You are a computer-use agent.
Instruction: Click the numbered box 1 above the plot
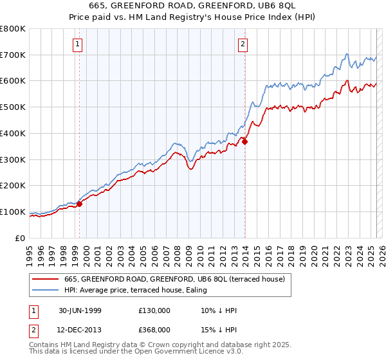(x=77, y=44)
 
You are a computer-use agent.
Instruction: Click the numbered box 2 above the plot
(x=243, y=44)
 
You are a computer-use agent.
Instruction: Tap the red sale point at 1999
(x=80, y=204)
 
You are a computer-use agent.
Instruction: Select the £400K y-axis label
(x=13, y=134)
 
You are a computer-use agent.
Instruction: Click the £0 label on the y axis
(x=19, y=238)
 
